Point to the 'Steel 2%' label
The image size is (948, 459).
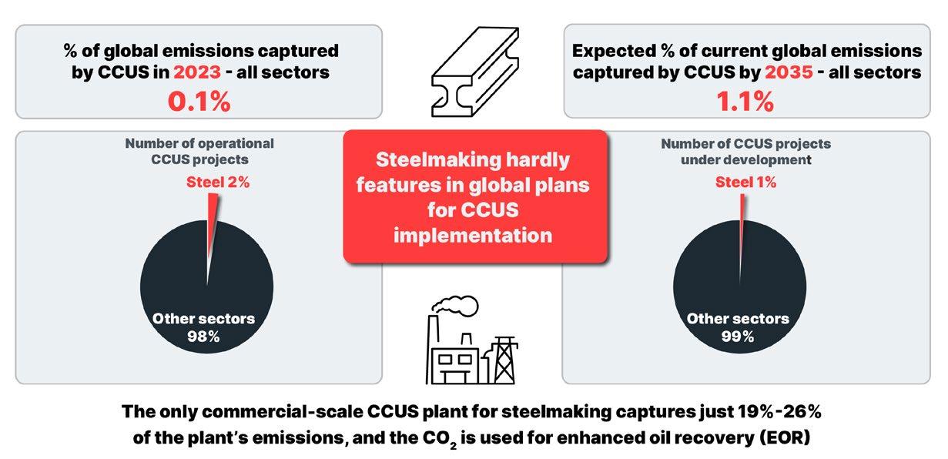218,183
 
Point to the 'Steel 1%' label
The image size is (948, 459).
745,183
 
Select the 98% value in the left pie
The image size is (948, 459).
203,337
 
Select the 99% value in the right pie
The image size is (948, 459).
737,337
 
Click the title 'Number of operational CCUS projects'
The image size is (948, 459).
199,151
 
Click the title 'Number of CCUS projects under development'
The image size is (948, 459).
745,151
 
